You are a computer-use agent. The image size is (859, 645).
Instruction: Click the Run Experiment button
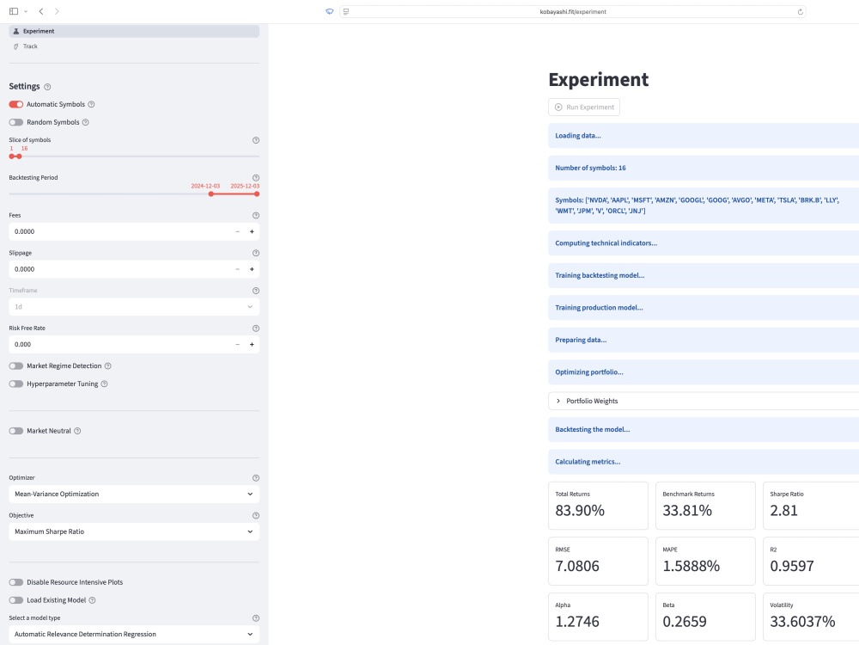point(584,107)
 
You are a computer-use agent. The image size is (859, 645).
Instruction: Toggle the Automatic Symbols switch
point(15,104)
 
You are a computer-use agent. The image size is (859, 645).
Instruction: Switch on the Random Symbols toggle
point(15,122)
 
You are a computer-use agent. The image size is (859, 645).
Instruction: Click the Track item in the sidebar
point(30,46)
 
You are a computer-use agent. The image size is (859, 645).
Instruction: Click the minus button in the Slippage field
point(238,269)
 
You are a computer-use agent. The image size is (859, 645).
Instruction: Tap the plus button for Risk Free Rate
point(252,345)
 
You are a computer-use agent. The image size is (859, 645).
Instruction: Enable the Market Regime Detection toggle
point(15,365)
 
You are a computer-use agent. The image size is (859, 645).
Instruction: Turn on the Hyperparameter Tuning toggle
point(15,384)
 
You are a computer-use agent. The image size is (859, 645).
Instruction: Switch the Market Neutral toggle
point(15,431)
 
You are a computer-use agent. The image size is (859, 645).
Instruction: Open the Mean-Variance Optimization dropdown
point(134,494)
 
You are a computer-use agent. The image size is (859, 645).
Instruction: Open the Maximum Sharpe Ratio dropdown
point(134,531)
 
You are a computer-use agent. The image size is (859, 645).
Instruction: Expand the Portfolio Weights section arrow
point(558,401)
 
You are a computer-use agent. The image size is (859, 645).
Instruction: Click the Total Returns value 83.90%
point(580,511)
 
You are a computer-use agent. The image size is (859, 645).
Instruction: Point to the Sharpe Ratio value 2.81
point(784,511)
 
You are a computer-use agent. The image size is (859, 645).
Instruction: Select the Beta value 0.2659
point(685,622)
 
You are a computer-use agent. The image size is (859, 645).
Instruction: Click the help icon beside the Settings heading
point(47,87)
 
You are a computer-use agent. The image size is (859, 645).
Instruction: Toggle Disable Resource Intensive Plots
point(15,582)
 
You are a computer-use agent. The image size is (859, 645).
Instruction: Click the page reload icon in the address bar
point(801,11)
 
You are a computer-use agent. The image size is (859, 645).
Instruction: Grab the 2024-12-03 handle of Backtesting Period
point(211,193)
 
